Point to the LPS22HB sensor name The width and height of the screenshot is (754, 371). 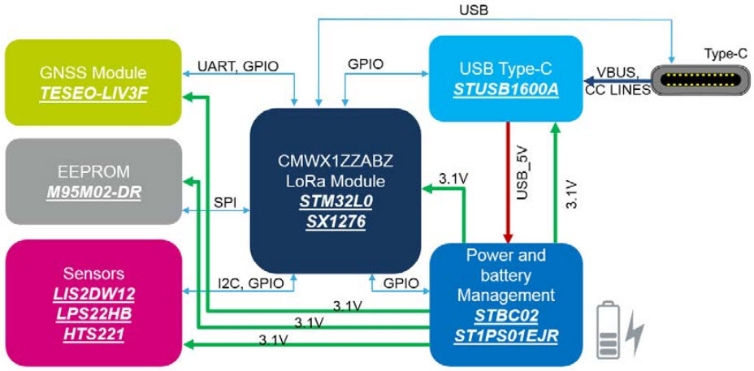[x=93, y=313]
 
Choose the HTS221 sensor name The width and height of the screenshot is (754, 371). [x=93, y=333]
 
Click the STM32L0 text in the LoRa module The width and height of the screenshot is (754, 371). [x=336, y=201]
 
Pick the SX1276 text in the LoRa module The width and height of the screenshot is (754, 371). [x=336, y=220]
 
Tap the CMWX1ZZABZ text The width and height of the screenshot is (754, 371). [x=336, y=160]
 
